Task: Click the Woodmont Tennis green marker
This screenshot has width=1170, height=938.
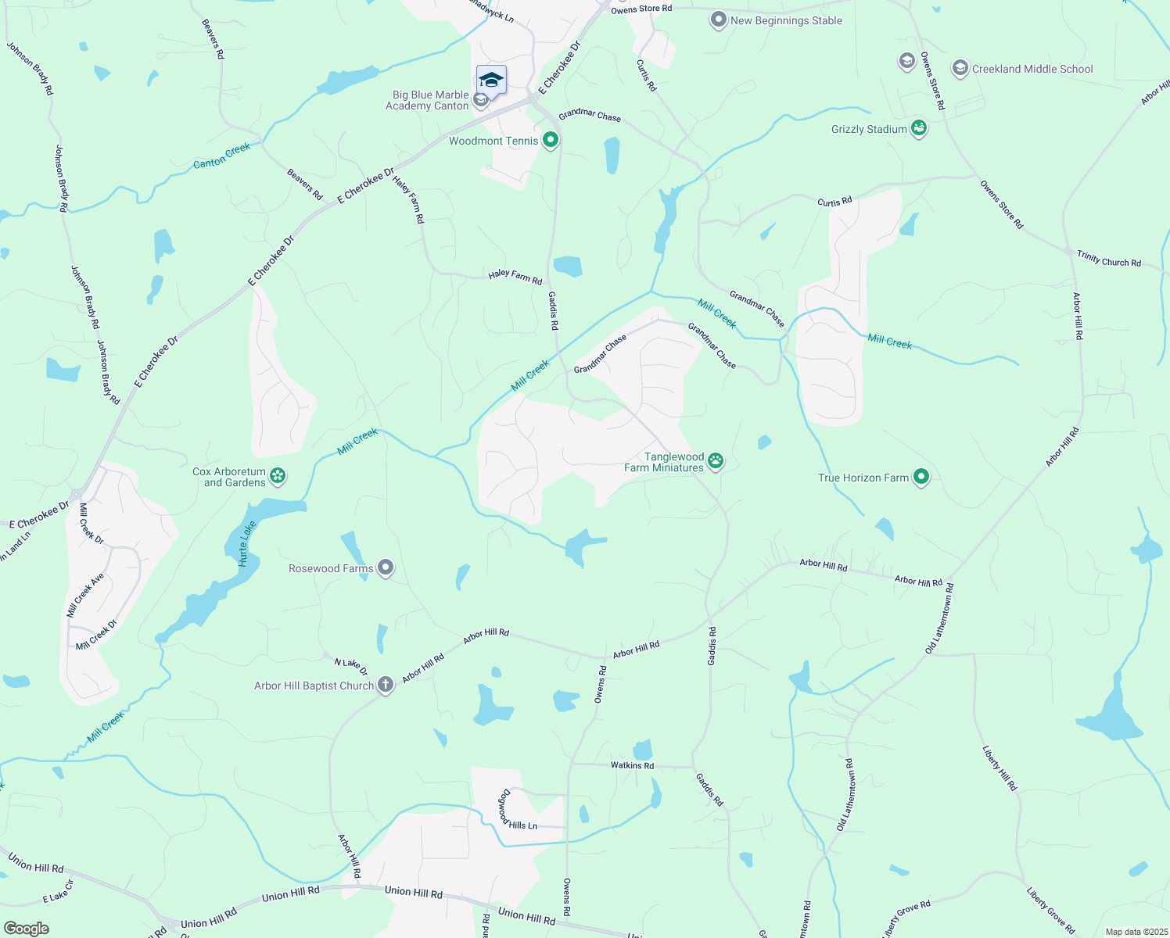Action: pos(551,140)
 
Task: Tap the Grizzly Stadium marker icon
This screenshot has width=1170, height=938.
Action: pos(919,128)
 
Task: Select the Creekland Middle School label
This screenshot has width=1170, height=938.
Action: pos(1032,69)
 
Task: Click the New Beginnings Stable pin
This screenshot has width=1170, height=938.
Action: pos(718,20)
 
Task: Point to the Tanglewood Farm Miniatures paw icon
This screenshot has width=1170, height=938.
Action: pos(716,461)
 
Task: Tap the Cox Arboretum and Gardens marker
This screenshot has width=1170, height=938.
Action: pos(278,475)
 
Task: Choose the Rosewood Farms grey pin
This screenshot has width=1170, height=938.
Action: pos(385,567)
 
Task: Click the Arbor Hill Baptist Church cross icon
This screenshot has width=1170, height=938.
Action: pos(385,685)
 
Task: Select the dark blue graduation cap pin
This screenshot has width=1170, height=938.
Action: pos(491,80)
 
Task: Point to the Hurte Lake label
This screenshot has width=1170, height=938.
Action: pos(247,544)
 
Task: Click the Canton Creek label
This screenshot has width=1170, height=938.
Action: pos(222,156)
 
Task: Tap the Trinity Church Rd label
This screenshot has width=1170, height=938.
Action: pos(1109,259)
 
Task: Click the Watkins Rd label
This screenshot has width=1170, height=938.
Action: pos(632,765)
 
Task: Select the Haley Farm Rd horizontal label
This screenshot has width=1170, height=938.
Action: pos(515,276)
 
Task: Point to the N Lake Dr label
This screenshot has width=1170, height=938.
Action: pos(351,666)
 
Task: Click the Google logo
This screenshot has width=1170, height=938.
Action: pos(27,929)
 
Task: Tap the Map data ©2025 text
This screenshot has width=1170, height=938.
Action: pos(1136,932)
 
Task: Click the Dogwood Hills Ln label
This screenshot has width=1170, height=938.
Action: pos(512,813)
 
